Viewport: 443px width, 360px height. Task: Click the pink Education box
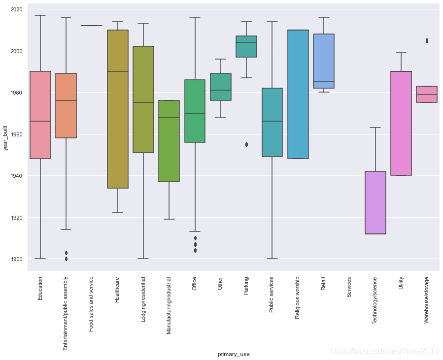40,115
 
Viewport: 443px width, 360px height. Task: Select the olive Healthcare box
117,109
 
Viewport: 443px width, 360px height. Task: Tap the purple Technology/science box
375,202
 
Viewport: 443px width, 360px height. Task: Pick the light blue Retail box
323,61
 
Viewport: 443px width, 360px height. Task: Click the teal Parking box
246,47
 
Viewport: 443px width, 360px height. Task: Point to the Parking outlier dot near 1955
246,145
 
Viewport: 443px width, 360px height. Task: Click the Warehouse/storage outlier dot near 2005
426,41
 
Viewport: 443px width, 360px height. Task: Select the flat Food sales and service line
92,26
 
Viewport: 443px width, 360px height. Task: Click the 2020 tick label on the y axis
16,9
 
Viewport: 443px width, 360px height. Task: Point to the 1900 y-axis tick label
16,259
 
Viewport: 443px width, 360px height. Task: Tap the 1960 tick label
16,134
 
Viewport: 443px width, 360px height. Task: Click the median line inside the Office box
195,113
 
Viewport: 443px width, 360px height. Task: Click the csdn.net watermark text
384,351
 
